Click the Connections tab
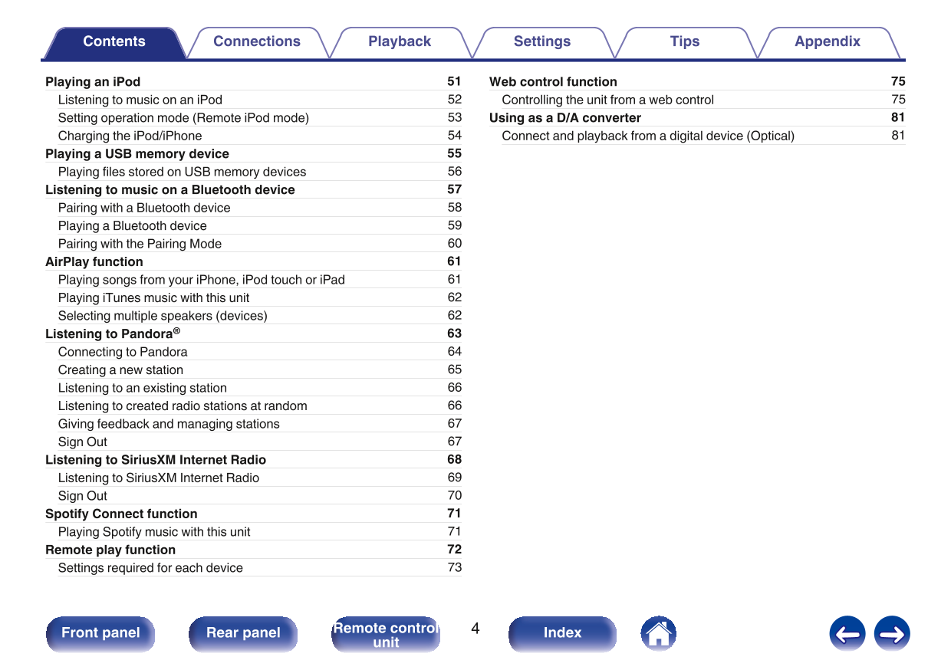(x=257, y=42)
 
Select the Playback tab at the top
(x=400, y=42)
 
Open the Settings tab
(x=542, y=42)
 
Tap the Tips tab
(x=685, y=42)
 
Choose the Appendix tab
(x=828, y=42)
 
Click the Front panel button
(x=100, y=633)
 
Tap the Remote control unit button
(x=386, y=635)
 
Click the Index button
(x=562, y=633)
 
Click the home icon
(x=658, y=633)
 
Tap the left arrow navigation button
(x=847, y=634)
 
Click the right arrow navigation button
(x=891, y=634)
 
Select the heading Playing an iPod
(x=93, y=82)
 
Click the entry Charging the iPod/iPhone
(x=130, y=136)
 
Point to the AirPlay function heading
(x=94, y=261)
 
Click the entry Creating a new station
(x=120, y=369)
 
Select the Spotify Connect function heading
(x=121, y=514)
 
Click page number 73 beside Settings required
(x=455, y=567)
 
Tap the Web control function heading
(x=553, y=82)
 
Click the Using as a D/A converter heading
(x=565, y=118)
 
